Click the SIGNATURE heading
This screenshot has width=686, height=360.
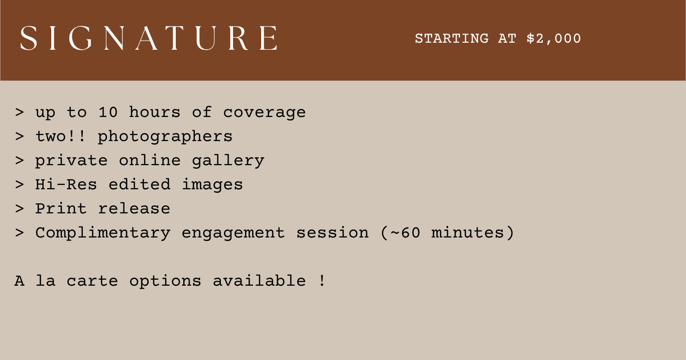149,38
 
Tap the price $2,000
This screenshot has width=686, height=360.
554,39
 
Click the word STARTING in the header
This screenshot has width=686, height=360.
451,39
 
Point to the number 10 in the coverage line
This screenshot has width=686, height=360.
108,112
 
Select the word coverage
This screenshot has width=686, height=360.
264,113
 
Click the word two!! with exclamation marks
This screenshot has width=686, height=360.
60,136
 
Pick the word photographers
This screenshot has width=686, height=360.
165,137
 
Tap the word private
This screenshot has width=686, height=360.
71,161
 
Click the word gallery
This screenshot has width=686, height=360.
228,161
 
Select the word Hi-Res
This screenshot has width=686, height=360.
66,184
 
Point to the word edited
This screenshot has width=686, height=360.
140,184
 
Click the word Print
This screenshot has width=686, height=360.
61,208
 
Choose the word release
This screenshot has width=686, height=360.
134,209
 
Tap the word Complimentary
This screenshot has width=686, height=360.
103,233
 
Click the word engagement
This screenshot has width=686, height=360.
234,234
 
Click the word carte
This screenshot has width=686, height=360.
92,281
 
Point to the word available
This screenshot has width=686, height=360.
260,281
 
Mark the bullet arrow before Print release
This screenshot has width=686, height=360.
19,209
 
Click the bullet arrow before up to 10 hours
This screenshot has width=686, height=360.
19,112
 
